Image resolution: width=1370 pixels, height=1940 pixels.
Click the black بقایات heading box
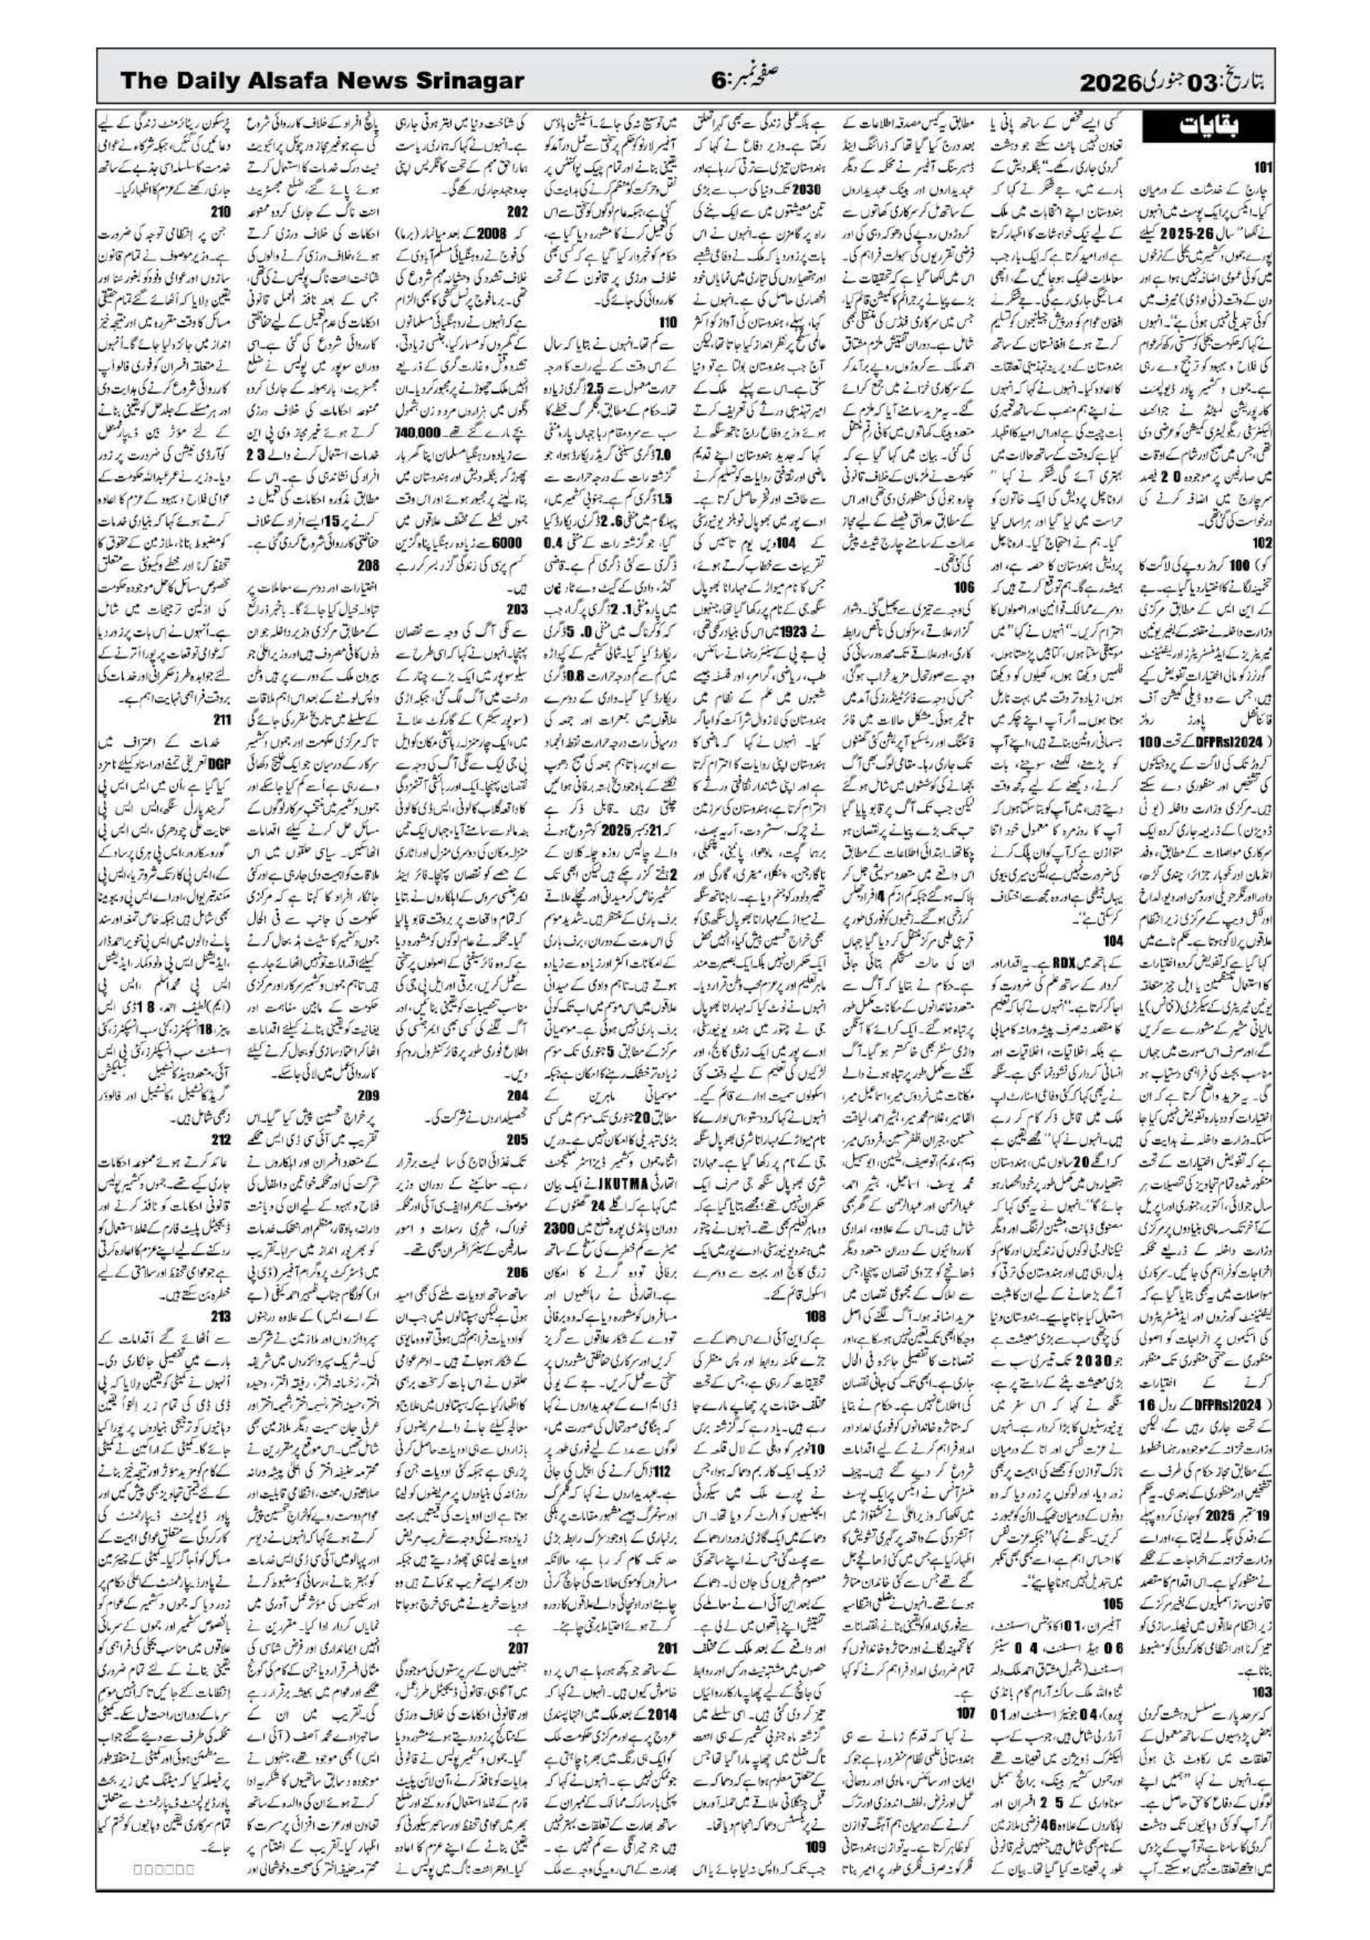[x=1204, y=127]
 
